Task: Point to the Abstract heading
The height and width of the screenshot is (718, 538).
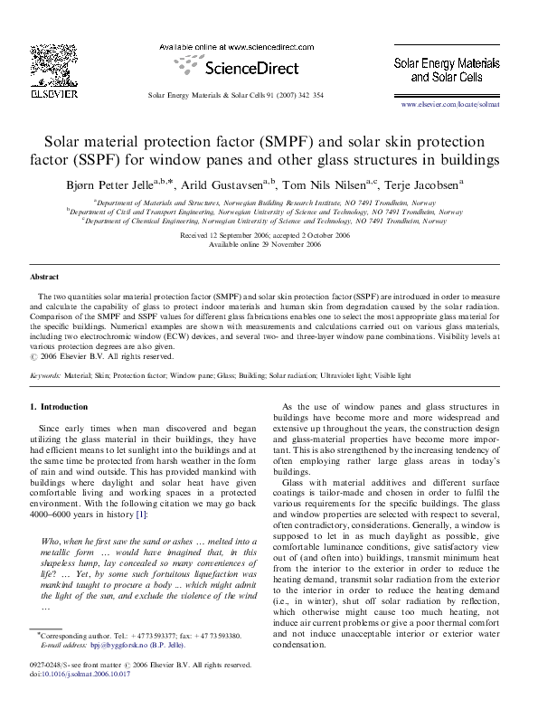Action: tap(44, 277)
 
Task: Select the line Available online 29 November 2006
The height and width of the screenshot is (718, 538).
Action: tap(265, 244)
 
